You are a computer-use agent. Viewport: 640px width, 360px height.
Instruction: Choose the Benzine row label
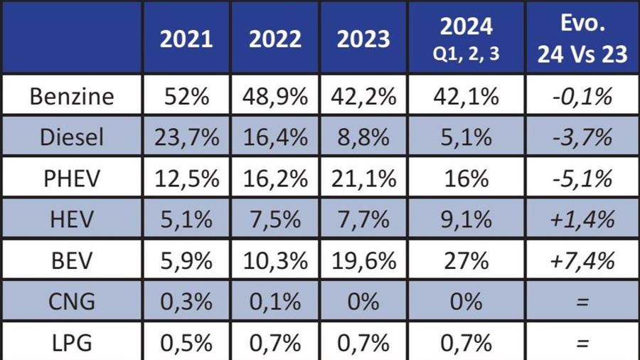(x=72, y=96)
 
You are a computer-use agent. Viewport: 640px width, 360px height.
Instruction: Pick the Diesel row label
(x=72, y=137)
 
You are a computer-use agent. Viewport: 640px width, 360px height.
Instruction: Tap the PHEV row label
(x=72, y=178)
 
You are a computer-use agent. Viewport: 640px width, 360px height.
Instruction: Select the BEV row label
(x=72, y=260)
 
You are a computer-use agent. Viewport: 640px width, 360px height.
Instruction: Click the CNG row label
(x=72, y=302)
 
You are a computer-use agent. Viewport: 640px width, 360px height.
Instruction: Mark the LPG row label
(x=72, y=343)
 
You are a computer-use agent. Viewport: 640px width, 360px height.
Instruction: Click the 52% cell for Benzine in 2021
(x=186, y=96)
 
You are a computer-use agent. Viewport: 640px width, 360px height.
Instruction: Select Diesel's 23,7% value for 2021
(x=186, y=137)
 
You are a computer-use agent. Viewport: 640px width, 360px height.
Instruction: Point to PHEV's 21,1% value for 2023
(x=363, y=178)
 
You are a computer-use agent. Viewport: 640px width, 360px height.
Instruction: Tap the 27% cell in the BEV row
(x=466, y=260)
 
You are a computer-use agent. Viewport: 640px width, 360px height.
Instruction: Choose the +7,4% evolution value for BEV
(x=582, y=260)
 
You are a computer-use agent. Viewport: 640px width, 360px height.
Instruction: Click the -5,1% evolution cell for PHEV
(x=582, y=178)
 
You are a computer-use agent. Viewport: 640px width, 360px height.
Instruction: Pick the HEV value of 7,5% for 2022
(x=275, y=219)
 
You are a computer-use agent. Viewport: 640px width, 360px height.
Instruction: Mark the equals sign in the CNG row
(x=582, y=302)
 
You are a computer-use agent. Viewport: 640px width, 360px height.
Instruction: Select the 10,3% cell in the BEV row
(x=275, y=260)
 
